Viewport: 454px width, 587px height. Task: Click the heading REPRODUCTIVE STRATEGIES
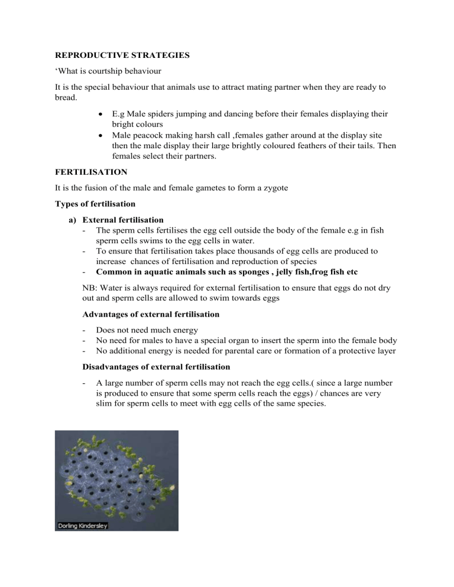click(x=112, y=60)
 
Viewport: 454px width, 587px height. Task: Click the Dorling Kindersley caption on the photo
click(x=82, y=525)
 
